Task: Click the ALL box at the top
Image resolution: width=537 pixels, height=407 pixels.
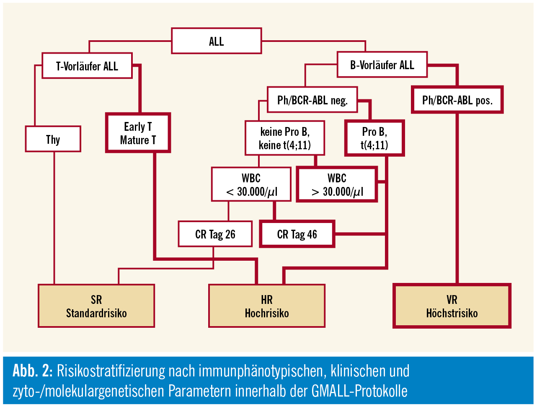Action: coord(216,41)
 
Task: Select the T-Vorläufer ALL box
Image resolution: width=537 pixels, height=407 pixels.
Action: coord(87,66)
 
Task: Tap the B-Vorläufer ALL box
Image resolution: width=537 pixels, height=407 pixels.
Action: coord(382,65)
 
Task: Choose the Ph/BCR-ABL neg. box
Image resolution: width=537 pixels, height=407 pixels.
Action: coord(312,100)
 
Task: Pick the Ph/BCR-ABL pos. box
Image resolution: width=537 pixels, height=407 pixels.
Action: coord(457,100)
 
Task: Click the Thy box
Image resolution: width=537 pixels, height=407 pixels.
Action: coord(53,139)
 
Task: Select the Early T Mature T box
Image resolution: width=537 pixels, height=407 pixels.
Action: coord(138,133)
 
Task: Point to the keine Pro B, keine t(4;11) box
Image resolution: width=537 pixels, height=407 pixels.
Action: coord(284,138)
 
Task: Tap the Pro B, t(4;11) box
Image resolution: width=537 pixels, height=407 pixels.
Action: coord(374,138)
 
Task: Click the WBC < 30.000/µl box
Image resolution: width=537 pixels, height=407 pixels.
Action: coord(251,185)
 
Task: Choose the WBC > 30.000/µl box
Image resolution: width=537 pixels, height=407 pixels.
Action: coord(337,185)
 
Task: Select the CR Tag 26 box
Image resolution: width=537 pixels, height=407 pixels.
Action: coord(215,234)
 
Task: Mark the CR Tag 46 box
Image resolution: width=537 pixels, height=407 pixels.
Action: coord(297,234)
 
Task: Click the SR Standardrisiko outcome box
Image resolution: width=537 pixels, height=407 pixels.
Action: coord(96,306)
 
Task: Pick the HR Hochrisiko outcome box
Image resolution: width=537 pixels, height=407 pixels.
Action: coord(267,306)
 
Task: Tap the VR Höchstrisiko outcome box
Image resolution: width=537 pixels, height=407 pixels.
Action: coord(452,306)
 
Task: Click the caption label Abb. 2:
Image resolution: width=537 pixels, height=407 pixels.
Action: coord(32,371)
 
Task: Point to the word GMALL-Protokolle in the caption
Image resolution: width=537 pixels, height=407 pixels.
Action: coord(359,391)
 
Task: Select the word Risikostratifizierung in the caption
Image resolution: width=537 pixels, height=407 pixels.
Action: coord(111,371)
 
